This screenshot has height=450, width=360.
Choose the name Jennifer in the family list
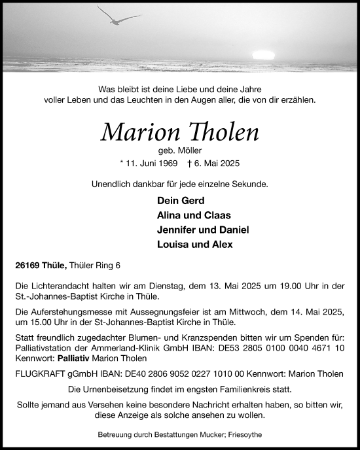tap(179, 230)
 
